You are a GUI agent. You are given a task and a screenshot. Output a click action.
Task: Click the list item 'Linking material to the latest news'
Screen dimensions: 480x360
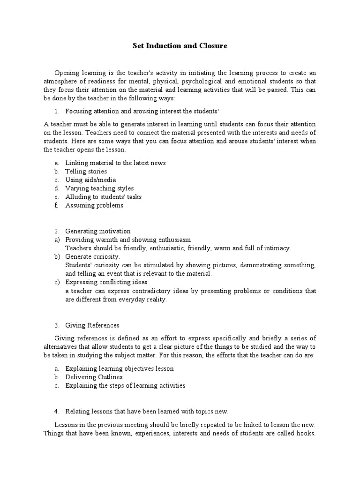tap(115, 163)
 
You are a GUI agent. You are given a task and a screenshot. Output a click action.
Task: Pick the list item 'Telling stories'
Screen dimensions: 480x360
tap(86, 171)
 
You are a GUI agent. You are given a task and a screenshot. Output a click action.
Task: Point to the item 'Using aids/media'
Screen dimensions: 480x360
tap(90, 180)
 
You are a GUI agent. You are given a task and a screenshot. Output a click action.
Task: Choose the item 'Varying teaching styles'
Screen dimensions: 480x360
tap(99, 188)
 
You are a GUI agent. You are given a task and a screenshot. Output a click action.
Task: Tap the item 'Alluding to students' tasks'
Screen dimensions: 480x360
tap(103, 197)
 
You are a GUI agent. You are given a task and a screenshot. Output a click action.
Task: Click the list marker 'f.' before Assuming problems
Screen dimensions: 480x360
tap(57, 205)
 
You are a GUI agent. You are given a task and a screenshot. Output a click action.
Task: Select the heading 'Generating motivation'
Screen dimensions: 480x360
tap(97, 231)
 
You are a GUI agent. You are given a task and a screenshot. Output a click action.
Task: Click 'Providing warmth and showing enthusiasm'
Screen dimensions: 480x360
tap(128, 240)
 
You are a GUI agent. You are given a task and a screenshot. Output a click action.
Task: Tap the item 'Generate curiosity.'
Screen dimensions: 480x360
tap(92, 257)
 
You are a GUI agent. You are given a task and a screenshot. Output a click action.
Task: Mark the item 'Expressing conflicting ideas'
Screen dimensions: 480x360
tap(106, 282)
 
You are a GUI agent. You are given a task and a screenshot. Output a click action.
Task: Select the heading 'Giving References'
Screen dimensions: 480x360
tap(92, 325)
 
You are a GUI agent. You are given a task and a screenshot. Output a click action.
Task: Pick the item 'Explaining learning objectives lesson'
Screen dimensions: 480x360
tap(120, 368)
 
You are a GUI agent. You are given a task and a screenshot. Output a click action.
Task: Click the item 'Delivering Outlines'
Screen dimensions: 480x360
tap(94, 377)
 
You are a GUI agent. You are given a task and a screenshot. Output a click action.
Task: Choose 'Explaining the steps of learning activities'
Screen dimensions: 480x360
tap(125, 385)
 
